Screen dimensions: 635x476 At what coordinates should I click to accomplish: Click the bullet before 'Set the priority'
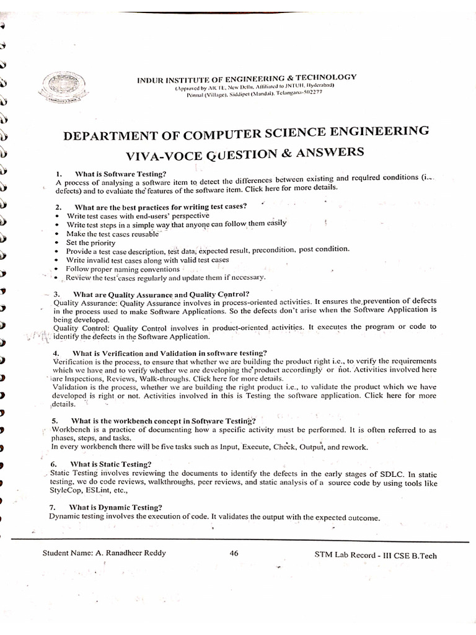pyautogui.click(x=56, y=243)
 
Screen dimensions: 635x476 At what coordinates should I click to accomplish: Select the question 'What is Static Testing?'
pyautogui.click(x=110, y=464)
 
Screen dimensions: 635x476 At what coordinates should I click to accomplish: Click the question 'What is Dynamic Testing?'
pyautogui.click(x=115, y=507)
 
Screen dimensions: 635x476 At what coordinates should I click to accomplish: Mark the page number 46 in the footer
pyautogui.click(x=234, y=553)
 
